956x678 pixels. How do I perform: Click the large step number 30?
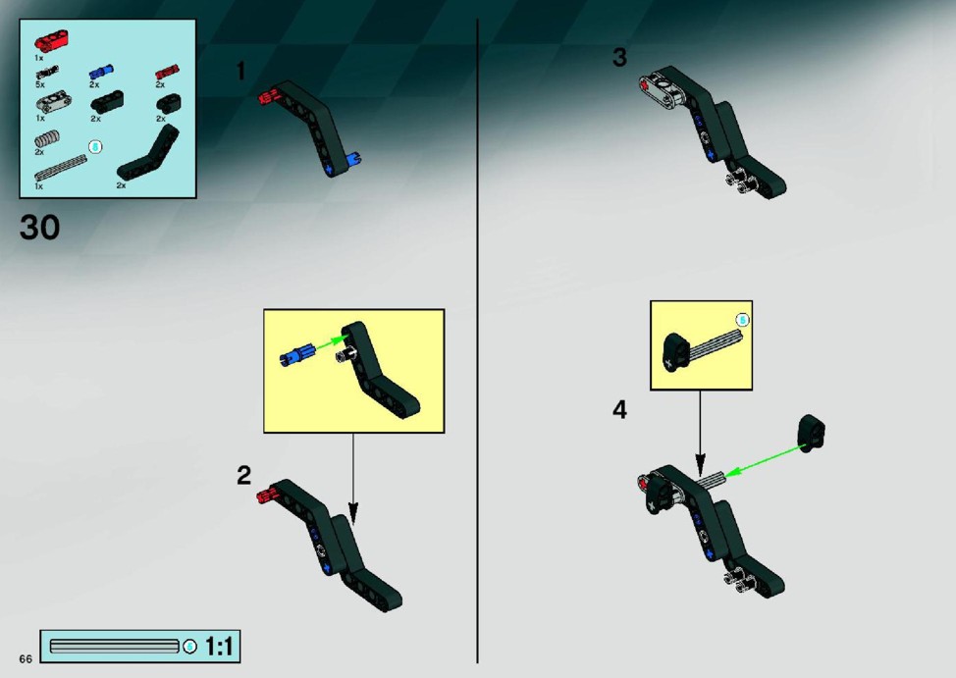click(x=39, y=228)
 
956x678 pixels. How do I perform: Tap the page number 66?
click(x=25, y=658)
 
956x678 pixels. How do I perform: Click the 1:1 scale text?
click(x=219, y=647)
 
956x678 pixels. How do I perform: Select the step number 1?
click(x=240, y=72)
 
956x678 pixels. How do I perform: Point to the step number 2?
click(x=243, y=476)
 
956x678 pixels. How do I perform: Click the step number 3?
click(x=619, y=57)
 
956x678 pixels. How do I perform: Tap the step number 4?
click(x=619, y=410)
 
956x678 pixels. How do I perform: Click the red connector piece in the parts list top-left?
click(x=51, y=41)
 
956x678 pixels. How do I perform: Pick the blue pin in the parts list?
click(x=101, y=72)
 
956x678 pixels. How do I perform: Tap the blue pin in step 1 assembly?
click(x=353, y=160)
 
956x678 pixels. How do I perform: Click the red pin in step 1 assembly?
click(x=266, y=96)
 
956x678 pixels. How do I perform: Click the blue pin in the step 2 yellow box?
click(x=297, y=356)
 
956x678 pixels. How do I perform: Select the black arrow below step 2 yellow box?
click(x=352, y=478)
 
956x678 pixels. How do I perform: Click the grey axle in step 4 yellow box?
click(x=717, y=347)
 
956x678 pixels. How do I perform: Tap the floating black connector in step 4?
click(x=811, y=433)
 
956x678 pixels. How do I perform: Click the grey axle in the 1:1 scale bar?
click(x=114, y=647)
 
